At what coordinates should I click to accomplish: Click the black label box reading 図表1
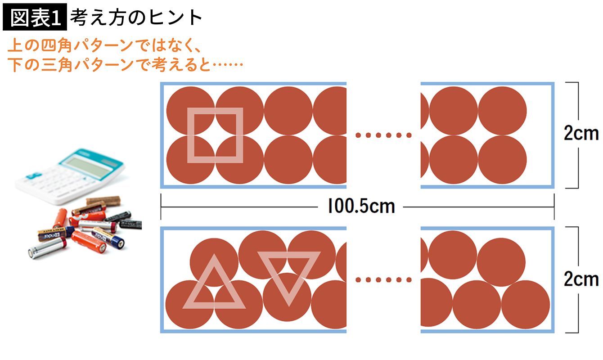click(x=35, y=17)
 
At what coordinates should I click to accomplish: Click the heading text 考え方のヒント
click(x=136, y=18)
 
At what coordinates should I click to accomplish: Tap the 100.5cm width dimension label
click(x=361, y=207)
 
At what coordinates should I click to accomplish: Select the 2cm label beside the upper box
click(x=581, y=133)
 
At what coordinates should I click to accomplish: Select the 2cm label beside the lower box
click(x=581, y=279)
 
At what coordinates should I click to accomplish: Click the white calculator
click(x=71, y=176)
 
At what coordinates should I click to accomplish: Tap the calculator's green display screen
click(x=89, y=168)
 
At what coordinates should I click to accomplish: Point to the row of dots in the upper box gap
click(x=383, y=135)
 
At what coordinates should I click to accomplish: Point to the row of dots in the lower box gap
click(x=383, y=280)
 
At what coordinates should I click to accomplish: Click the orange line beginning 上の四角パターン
click(x=104, y=45)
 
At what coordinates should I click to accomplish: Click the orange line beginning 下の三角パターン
click(x=126, y=65)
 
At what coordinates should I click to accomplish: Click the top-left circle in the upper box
click(x=191, y=111)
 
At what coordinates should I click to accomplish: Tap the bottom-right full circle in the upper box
click(x=502, y=160)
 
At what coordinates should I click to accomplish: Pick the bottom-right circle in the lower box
click(x=525, y=305)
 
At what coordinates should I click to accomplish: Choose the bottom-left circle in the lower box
click(x=189, y=305)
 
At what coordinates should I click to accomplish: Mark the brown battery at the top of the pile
click(x=103, y=201)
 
